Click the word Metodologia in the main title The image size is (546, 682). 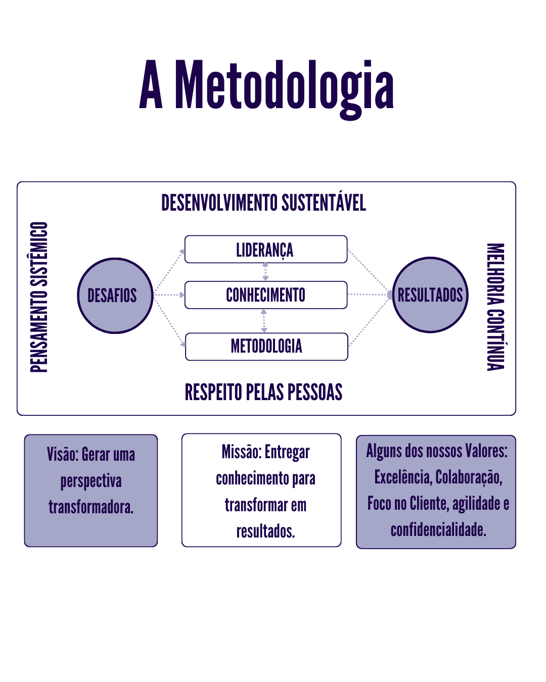285,90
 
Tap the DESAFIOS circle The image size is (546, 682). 115,296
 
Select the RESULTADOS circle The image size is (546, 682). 430,295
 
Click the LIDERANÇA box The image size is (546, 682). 266,249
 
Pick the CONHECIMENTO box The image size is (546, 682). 266,295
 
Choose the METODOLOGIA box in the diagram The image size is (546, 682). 266,347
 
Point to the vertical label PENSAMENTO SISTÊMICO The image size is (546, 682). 39,297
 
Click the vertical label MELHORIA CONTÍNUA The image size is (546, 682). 495,307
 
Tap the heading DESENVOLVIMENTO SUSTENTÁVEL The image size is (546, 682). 263,202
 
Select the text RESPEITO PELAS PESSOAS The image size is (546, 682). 263,392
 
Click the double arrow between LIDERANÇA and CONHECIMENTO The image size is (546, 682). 265,272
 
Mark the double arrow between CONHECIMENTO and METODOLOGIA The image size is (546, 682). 264,321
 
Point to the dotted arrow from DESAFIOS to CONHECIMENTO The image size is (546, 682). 169,295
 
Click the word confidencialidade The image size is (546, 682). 438,529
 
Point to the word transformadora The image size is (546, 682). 91,507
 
